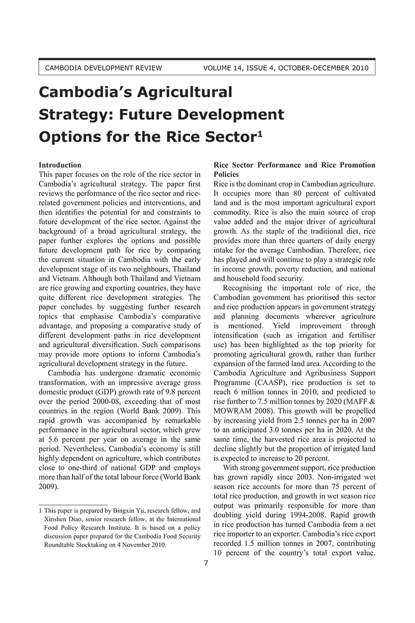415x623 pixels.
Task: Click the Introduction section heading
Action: [60, 165]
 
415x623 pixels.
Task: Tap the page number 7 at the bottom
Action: [206, 564]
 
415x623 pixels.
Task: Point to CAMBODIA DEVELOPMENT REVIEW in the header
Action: [104, 67]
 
